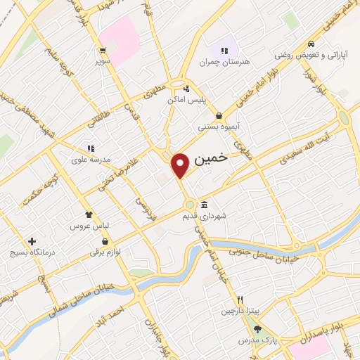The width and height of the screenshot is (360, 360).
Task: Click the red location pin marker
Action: point(181,165)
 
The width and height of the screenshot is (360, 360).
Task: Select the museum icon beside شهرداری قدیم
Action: point(204,205)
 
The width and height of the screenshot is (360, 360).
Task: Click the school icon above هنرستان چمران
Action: point(224,51)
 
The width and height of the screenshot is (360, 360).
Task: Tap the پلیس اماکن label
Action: point(186,101)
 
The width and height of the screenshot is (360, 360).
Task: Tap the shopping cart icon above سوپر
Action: point(103,50)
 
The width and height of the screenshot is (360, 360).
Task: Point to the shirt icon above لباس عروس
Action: point(88,214)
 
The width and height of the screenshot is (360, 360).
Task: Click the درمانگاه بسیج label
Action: point(31,252)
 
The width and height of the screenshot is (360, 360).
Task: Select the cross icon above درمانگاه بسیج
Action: point(31,240)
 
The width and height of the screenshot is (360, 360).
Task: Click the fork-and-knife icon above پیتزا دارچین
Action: point(240,298)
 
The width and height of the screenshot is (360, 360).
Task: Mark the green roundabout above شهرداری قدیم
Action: point(190,205)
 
